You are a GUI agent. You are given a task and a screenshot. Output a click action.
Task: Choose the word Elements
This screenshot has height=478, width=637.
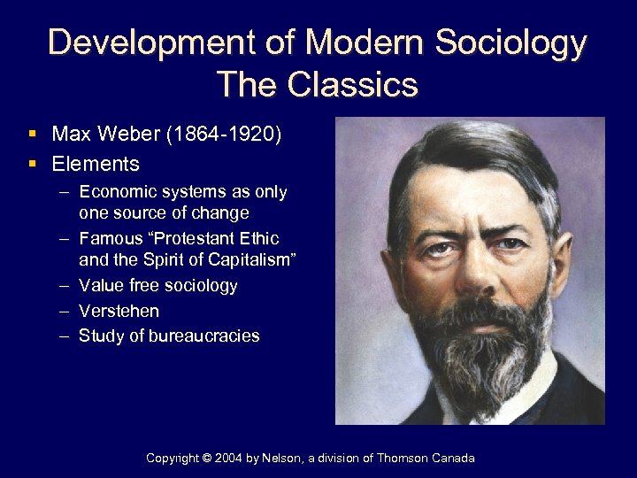(x=96, y=164)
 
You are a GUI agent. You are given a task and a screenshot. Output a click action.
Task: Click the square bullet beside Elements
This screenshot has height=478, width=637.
(x=32, y=164)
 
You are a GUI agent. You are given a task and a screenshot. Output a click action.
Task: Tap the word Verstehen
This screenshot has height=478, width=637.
(x=119, y=311)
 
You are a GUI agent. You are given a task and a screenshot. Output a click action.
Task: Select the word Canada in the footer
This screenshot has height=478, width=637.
(x=452, y=458)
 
